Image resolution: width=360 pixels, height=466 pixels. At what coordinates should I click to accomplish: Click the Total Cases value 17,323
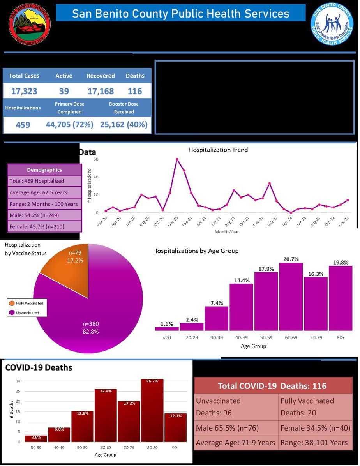coord(24,91)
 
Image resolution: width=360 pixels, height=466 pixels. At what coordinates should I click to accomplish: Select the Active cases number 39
coord(64,91)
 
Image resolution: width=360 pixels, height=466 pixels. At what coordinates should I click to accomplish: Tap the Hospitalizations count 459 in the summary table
coord(23,125)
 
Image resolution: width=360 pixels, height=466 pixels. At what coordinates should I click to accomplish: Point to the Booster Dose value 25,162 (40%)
coord(124,125)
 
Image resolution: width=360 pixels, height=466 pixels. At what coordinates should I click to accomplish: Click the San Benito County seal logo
coord(30,24)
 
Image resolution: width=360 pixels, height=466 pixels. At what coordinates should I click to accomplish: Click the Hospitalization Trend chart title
coord(218,150)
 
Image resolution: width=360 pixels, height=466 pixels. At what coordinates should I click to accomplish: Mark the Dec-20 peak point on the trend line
coord(177,159)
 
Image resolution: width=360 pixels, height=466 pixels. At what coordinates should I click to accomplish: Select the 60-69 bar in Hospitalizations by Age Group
coord(291,297)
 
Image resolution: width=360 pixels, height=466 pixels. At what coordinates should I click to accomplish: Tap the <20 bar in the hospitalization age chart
coord(167,328)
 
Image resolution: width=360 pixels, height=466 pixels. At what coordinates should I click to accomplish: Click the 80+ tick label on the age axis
coord(341,337)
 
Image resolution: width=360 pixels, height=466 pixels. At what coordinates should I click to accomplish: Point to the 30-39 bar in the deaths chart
coord(36,438)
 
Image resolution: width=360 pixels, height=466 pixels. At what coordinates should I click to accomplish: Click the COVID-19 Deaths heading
coord(39,367)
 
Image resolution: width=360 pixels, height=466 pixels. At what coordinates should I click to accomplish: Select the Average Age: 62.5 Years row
coord(44,192)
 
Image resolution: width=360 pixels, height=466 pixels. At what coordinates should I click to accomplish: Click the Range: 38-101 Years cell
coord(314,442)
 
